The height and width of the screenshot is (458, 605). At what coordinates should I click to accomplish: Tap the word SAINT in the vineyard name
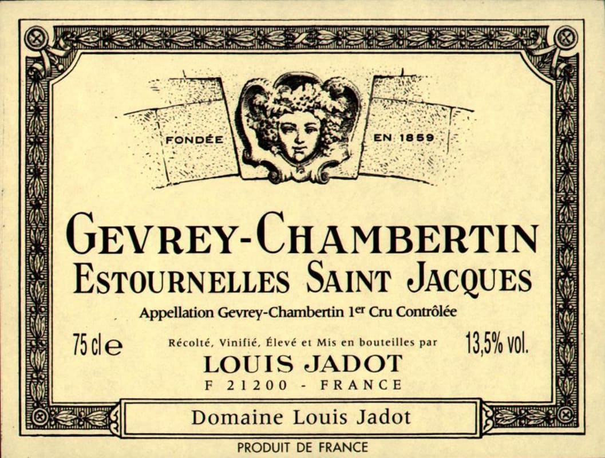pos(348,280)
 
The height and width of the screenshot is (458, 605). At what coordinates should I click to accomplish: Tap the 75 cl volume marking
pos(97,346)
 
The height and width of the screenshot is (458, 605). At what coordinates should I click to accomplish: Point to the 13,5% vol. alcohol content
pos(497,345)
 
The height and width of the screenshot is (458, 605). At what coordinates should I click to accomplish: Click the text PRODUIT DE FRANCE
pos(303,447)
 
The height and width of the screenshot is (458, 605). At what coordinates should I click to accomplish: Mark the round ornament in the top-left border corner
pos(37,38)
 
